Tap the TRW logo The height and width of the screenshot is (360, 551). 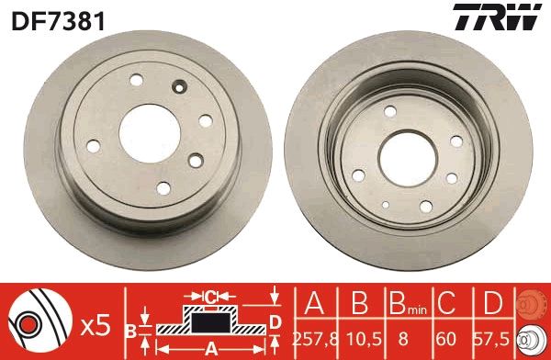tap(506, 16)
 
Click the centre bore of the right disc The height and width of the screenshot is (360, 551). tap(406, 147)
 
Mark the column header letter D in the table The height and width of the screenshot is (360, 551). tap(492, 304)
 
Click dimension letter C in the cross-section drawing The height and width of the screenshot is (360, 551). tap(209, 297)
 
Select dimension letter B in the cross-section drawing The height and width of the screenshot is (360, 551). tap(131, 327)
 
